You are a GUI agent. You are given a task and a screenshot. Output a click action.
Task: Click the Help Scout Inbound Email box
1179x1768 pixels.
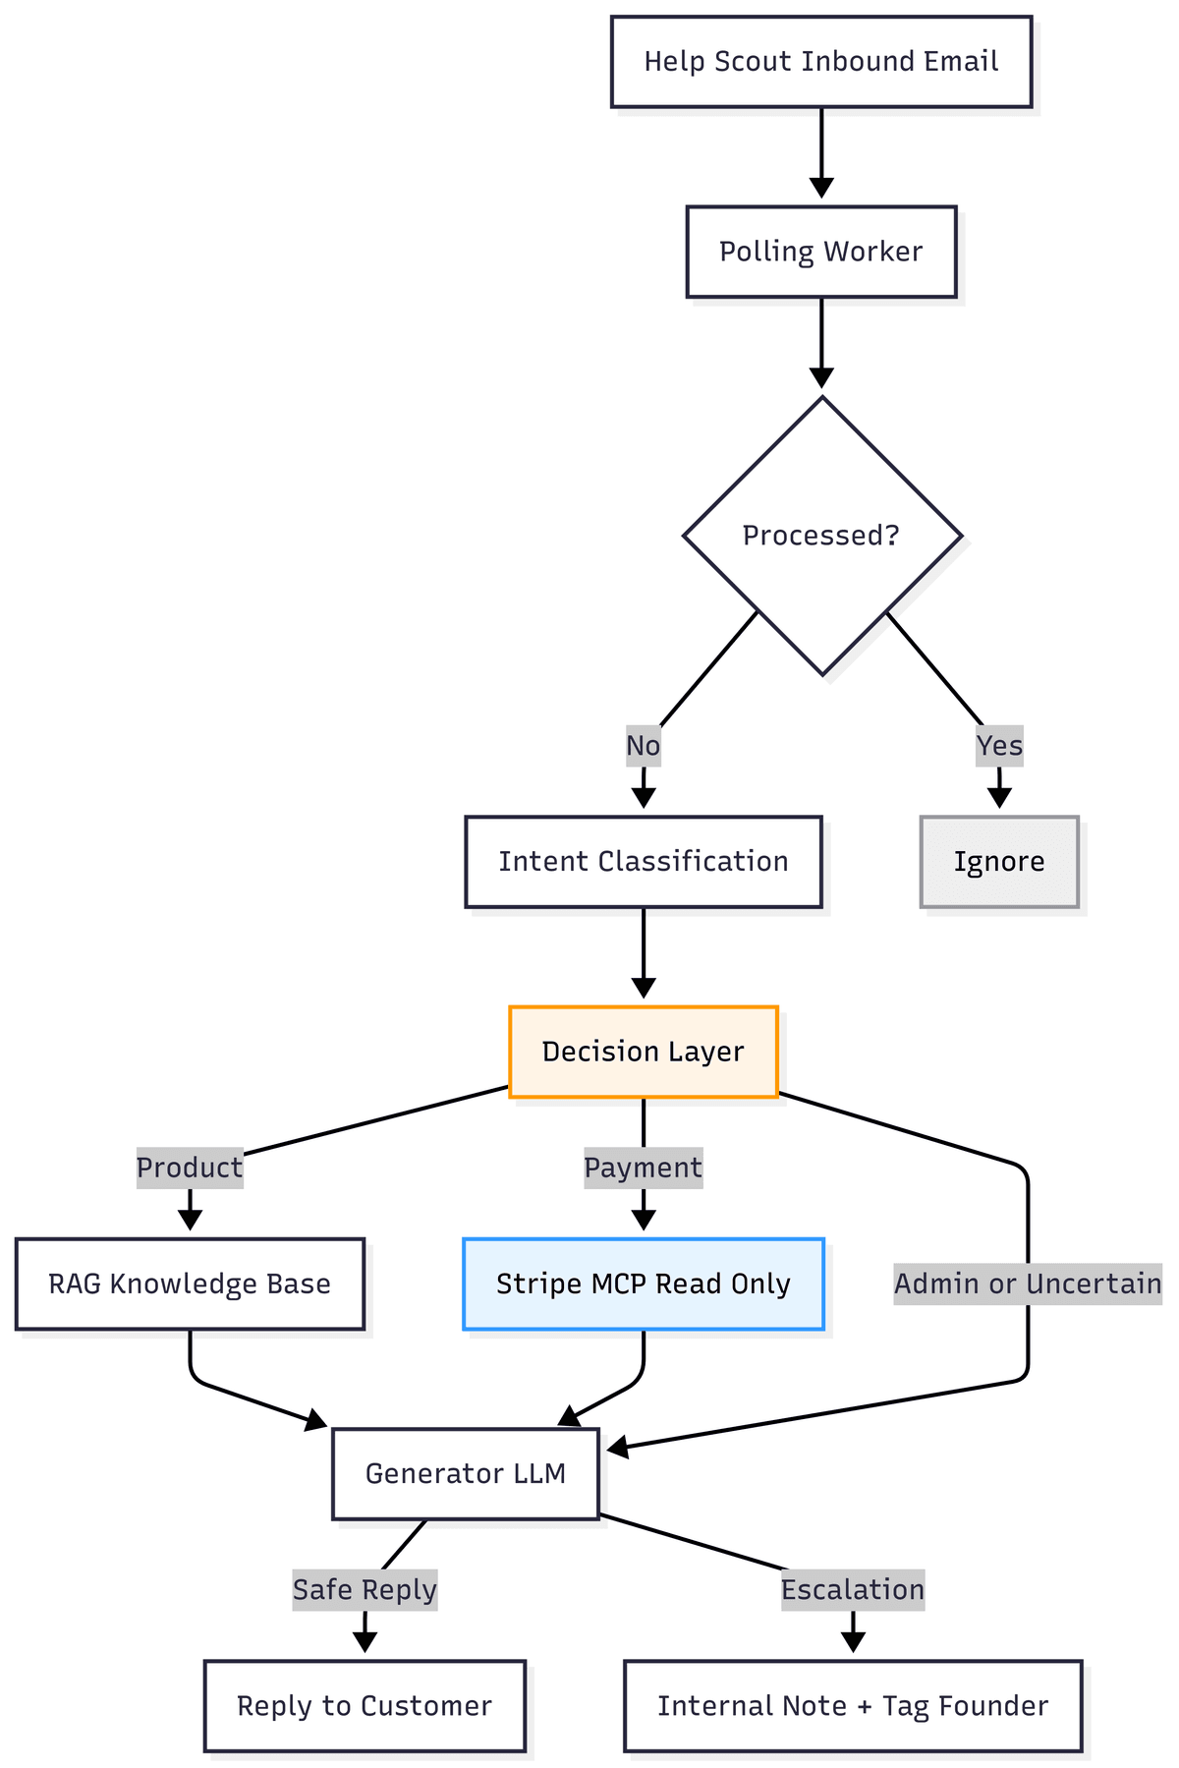click(820, 61)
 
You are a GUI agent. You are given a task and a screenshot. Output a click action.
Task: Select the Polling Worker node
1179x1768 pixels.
click(820, 252)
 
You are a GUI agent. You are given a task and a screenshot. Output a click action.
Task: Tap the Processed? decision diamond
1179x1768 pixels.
click(821, 536)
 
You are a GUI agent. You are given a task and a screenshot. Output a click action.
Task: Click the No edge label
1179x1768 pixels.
click(643, 746)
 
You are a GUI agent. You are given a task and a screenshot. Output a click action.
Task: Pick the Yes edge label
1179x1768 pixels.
click(999, 746)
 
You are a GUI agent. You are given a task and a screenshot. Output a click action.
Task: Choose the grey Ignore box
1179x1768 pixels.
click(999, 862)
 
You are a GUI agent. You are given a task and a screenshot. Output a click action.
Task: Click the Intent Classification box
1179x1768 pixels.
click(643, 862)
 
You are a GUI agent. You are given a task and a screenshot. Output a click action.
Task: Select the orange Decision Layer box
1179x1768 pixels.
click(643, 1052)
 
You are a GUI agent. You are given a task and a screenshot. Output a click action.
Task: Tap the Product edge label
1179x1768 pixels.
click(190, 1168)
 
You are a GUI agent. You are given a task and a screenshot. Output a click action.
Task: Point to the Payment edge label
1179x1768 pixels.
click(643, 1168)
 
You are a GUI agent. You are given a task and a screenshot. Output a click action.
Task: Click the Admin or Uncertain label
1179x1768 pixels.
click(1028, 1283)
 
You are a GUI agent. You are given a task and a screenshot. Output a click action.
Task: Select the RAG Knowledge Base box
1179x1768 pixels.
click(190, 1283)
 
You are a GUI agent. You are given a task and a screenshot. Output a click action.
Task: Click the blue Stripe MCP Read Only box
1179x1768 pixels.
click(643, 1283)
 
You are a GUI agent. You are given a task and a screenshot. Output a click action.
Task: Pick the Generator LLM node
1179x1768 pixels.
click(465, 1473)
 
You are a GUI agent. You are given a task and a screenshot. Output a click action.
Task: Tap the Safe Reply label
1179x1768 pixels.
click(365, 1589)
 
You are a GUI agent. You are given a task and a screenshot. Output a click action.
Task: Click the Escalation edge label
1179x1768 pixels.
click(853, 1589)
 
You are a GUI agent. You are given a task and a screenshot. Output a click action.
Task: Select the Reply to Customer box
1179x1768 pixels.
click(365, 1706)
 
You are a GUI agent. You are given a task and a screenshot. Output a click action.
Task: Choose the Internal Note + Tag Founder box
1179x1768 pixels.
click(853, 1706)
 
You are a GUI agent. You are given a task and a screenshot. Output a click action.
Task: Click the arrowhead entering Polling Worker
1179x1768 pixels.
click(821, 189)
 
